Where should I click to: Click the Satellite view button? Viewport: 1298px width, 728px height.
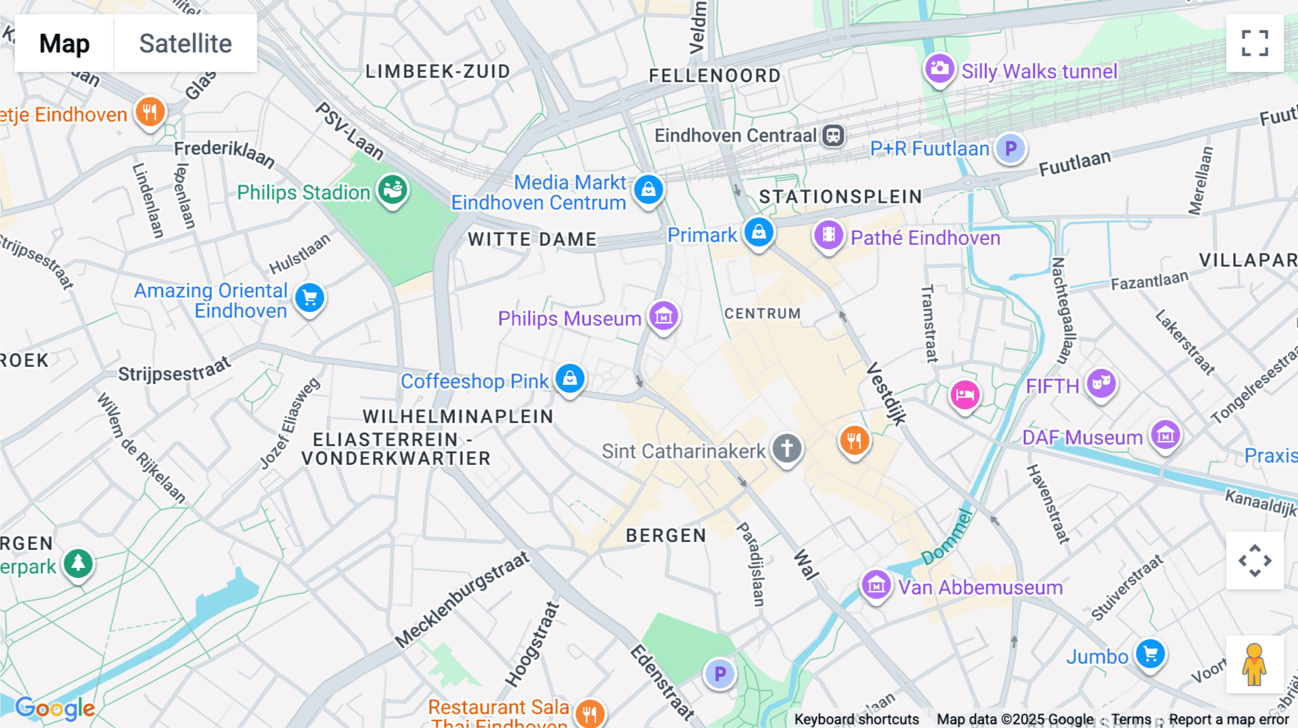pos(185,43)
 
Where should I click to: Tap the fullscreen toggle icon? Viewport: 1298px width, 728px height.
pos(1255,43)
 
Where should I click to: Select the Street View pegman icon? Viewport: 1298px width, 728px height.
pos(1254,664)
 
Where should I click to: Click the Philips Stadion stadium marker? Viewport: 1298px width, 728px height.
pos(393,190)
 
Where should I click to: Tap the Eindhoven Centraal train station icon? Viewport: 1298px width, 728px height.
pos(834,135)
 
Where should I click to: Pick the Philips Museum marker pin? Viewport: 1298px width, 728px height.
pos(663,316)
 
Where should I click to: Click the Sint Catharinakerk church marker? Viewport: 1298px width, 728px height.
pos(787,448)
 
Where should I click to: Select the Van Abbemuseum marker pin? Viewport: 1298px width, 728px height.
pos(876,585)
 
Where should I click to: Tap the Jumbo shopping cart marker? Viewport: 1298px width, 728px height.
pos(1150,654)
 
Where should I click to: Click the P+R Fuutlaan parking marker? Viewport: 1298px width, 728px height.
pos(1011,148)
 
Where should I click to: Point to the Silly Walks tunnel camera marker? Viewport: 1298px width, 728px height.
pos(939,69)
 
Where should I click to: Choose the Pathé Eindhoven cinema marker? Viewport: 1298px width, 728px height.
pos(829,235)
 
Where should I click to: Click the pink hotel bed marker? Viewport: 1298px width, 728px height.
pos(964,394)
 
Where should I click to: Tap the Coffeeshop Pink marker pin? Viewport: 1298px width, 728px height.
pos(570,378)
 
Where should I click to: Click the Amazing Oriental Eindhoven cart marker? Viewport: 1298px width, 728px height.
pos(310,298)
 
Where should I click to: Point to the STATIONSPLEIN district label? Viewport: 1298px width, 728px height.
pos(840,196)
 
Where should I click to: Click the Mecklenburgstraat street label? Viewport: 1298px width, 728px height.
pos(462,599)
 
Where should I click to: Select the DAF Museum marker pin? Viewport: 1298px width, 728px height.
pos(1165,435)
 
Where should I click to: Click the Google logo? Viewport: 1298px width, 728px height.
pos(55,709)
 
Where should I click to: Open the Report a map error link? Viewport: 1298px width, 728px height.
pos(1228,719)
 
